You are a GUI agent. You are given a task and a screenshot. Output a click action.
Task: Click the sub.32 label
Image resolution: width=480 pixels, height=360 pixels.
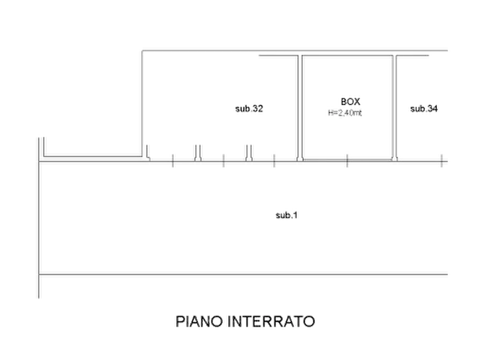(249, 109)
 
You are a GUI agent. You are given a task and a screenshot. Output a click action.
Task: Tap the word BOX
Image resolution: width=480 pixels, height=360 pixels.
(350, 102)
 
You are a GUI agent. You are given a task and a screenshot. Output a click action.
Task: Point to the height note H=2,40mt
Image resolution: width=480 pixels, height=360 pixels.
(345, 113)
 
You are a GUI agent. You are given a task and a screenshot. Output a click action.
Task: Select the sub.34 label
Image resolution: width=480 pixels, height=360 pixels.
(424, 109)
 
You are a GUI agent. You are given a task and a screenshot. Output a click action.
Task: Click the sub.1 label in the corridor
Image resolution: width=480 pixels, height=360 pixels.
(286, 215)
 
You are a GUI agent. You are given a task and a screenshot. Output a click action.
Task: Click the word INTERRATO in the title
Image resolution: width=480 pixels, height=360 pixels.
(271, 321)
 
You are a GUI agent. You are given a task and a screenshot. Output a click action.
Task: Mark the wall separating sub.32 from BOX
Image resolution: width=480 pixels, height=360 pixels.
(300, 108)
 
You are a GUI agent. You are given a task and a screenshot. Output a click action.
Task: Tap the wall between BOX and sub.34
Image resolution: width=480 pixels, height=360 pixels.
(395, 108)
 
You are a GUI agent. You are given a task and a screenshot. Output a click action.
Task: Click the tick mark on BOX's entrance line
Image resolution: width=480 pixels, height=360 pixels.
(347, 161)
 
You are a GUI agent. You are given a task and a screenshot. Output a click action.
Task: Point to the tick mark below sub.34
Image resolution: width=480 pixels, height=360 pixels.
(441, 161)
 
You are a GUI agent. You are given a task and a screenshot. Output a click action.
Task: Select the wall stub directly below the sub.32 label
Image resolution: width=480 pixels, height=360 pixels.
(249, 153)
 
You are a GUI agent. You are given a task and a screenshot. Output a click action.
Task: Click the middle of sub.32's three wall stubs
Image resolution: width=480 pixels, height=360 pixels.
(198, 153)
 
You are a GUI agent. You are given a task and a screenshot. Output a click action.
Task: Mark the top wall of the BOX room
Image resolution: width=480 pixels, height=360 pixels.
(347, 56)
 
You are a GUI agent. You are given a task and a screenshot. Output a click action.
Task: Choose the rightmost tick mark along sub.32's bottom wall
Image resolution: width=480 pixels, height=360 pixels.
(274, 161)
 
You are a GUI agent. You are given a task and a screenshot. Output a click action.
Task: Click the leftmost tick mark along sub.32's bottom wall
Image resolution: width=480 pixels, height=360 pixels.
(173, 161)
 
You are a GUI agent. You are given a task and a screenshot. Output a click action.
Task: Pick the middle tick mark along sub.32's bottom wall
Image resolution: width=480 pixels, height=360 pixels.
(224, 161)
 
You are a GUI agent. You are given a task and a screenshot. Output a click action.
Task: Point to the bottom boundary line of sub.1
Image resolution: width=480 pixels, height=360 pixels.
(243, 274)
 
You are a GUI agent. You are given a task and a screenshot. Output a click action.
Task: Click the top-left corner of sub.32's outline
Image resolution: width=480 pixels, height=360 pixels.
(142, 51)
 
